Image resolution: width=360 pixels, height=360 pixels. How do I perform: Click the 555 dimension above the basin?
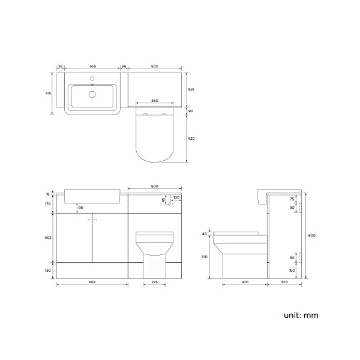coord(93,67)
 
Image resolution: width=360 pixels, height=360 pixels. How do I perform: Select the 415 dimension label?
coord(48,94)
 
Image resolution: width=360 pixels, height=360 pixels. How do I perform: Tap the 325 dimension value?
coord(191,90)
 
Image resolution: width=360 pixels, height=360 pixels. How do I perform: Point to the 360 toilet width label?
coord(155,101)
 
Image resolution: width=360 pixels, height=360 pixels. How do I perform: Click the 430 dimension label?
coord(191,139)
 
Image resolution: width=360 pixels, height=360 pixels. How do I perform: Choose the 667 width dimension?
coord(92,282)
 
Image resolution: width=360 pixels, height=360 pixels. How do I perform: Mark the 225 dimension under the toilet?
coord(155,282)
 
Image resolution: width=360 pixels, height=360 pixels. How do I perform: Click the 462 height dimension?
coord(48,238)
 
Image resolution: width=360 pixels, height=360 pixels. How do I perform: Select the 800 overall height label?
coord(312,236)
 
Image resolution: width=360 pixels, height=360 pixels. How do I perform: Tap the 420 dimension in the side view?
coord(245,282)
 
